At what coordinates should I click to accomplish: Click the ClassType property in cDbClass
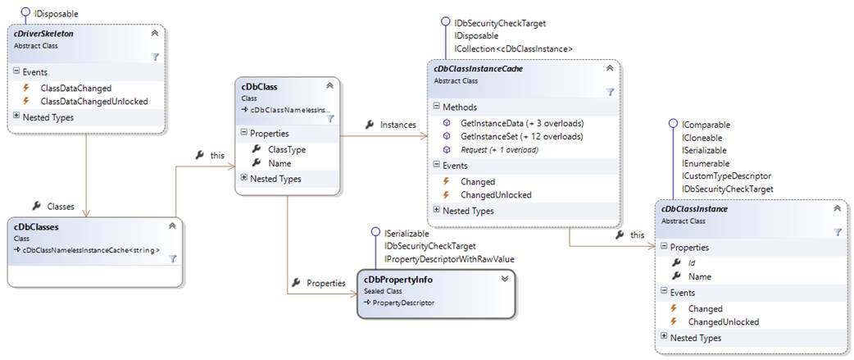pos(287,149)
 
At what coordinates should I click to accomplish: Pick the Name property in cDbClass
pos(279,163)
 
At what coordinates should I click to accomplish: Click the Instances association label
pos(397,125)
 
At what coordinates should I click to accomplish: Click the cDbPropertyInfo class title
pos(398,280)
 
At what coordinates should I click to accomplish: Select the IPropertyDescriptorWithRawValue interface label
pos(449,259)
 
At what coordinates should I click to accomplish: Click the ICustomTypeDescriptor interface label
pos(726,176)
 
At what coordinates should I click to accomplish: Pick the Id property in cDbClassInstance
pos(693,262)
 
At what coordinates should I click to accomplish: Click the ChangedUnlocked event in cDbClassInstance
pos(724,322)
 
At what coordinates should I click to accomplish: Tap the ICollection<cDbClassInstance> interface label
pos(512,49)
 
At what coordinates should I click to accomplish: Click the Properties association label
pos(325,283)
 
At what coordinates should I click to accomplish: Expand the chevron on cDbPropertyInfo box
pos(505,279)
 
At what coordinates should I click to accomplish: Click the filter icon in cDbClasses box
pos(173,258)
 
